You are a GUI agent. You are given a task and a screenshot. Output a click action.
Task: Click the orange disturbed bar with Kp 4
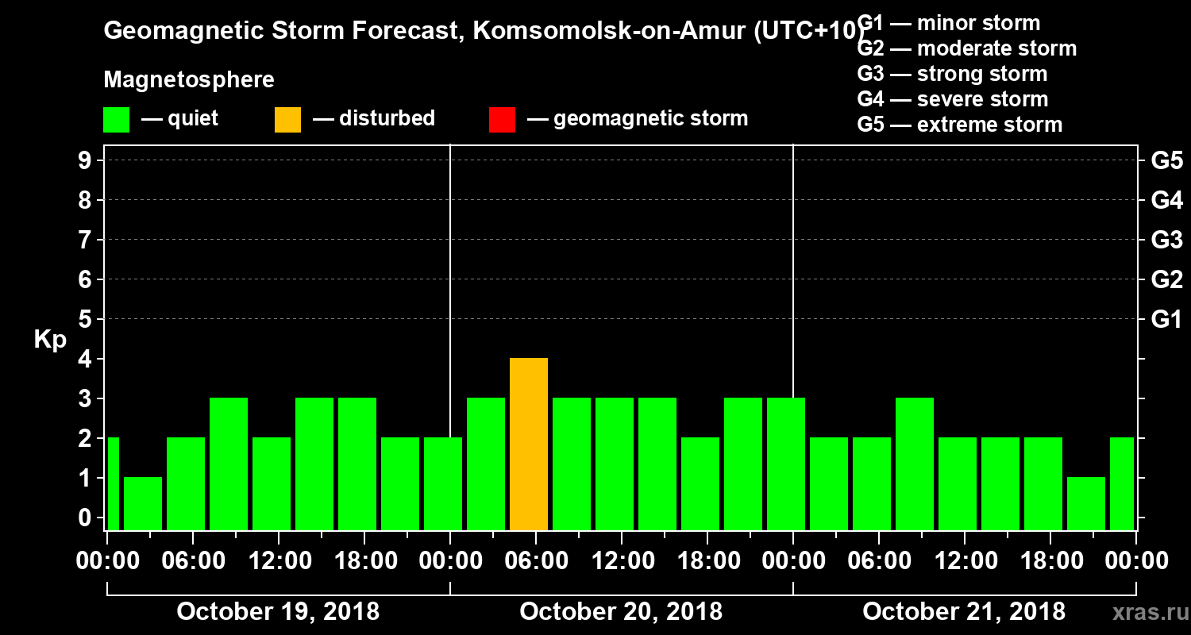point(529,444)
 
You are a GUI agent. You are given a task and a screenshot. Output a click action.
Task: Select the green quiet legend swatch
point(116,119)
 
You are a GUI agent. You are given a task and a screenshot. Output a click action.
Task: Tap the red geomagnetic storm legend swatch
point(502,119)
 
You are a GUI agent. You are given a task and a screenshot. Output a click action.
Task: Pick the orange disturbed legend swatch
point(287,119)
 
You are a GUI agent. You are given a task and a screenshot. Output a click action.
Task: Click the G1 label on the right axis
point(1166,320)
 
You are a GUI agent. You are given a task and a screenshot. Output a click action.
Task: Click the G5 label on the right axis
point(1166,161)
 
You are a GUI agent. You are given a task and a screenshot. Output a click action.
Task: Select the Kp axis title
point(50,340)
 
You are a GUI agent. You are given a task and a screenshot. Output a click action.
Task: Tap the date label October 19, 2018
point(278,612)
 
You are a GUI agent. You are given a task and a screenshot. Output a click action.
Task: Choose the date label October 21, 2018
point(964,612)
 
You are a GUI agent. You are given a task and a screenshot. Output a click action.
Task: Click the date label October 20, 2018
point(621,612)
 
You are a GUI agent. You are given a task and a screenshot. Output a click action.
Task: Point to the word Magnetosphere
point(189,80)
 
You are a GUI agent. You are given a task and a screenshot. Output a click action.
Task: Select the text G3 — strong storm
point(952,74)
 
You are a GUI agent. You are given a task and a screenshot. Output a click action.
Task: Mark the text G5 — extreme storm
point(959,125)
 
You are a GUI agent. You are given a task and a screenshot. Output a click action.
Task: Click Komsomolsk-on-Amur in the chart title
point(608,32)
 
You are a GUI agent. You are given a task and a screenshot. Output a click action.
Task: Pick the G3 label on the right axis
point(1166,241)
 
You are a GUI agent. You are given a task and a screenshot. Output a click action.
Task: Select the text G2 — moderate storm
point(967,48)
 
